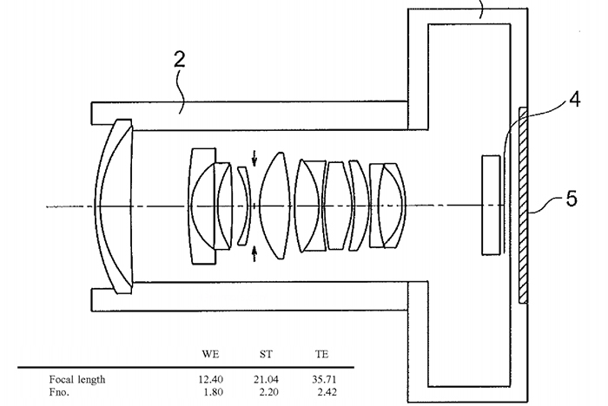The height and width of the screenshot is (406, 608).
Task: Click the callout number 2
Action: [179, 59]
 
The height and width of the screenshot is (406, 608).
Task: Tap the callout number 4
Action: [575, 99]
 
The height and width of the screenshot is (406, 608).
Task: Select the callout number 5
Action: [572, 199]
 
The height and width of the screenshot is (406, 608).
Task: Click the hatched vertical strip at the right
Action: [523, 206]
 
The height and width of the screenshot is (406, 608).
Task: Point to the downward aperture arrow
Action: [254, 159]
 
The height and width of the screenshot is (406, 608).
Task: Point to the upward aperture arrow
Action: [254, 253]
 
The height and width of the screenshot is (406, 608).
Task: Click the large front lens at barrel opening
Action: [114, 206]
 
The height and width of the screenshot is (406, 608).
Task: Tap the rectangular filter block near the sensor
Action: [491, 205]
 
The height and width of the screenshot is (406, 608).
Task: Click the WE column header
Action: [210, 354]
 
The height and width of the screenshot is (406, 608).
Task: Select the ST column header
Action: [266, 354]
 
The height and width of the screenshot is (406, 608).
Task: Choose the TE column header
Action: [322, 354]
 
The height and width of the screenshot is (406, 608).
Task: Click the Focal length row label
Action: [77, 379]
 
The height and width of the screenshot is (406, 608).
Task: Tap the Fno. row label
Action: [59, 392]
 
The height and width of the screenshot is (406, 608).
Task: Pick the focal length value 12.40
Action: [211, 379]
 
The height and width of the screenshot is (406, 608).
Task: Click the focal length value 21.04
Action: [266, 379]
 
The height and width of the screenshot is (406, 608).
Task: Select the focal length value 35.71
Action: [324, 379]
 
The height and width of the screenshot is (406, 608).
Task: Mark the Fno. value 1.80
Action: [214, 392]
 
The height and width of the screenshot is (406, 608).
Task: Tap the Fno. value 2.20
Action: [268, 392]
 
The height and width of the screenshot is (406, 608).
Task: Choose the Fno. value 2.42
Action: [327, 392]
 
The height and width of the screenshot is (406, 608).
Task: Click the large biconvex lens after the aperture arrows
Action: [274, 206]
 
